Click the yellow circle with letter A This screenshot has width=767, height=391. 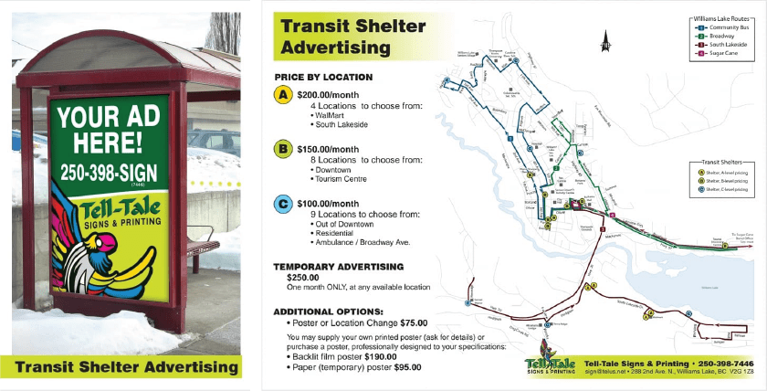(x=284, y=95)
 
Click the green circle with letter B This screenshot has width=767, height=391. (x=284, y=149)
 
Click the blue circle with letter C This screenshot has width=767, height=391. (x=284, y=204)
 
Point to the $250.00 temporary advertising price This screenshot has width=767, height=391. (x=302, y=277)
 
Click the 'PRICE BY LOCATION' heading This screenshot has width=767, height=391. (x=323, y=77)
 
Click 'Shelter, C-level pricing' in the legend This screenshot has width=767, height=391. (x=726, y=190)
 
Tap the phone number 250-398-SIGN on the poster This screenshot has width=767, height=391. (x=110, y=171)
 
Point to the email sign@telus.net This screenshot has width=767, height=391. (x=604, y=373)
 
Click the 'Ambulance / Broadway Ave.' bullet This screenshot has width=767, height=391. (x=359, y=242)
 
